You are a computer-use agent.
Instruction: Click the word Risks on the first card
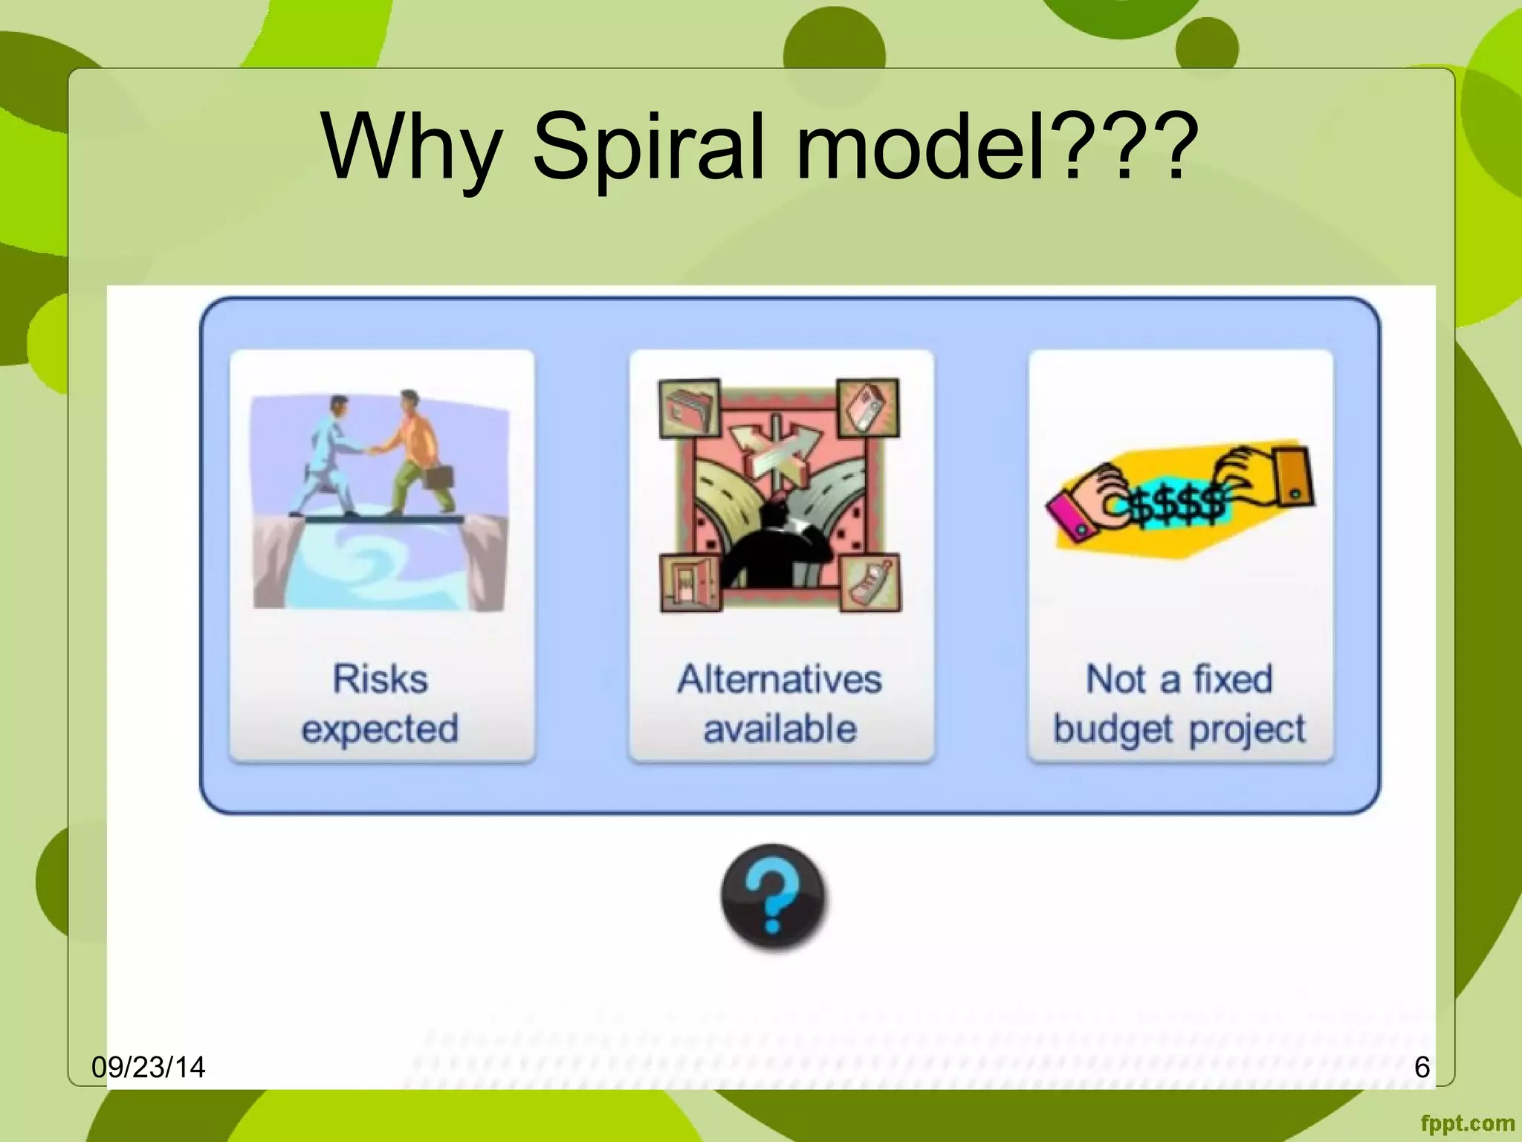[380, 679]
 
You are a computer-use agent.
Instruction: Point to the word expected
[380, 729]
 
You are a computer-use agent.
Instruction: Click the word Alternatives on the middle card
[780, 679]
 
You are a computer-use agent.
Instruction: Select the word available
[780, 729]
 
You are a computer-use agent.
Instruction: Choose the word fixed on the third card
[1233, 679]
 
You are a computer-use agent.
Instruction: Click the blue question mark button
[773, 897]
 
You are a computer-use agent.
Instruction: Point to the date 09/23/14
[148, 1068]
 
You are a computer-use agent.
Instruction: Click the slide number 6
[1422, 1068]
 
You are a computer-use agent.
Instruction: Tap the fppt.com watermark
[1467, 1123]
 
